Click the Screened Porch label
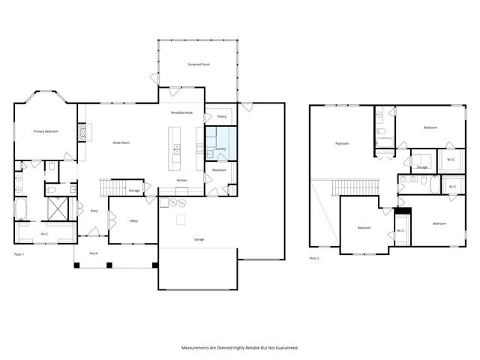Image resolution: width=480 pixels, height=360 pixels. [x=199, y=64]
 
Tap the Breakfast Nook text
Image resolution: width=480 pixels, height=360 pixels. [x=182, y=112]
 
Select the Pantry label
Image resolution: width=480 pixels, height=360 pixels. [x=221, y=116]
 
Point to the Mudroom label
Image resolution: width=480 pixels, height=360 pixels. [x=219, y=169]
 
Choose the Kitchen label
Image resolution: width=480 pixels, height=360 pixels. [x=181, y=181]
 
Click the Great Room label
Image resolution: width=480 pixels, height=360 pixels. [x=121, y=142]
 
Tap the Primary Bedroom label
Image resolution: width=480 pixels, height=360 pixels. [x=46, y=131]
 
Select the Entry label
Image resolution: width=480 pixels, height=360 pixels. [x=94, y=211]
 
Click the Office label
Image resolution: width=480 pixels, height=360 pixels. [x=133, y=221]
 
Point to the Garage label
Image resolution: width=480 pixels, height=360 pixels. [x=199, y=239]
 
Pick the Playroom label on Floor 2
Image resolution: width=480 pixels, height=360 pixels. [x=341, y=143]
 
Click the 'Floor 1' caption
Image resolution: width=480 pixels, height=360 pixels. [x=19, y=255]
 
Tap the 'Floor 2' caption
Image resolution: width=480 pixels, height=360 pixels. [x=314, y=258]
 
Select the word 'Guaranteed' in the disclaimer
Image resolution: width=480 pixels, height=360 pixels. [x=286, y=348]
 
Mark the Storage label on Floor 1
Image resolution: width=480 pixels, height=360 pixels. [x=134, y=190]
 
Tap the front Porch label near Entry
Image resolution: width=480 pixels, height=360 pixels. [x=94, y=253]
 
